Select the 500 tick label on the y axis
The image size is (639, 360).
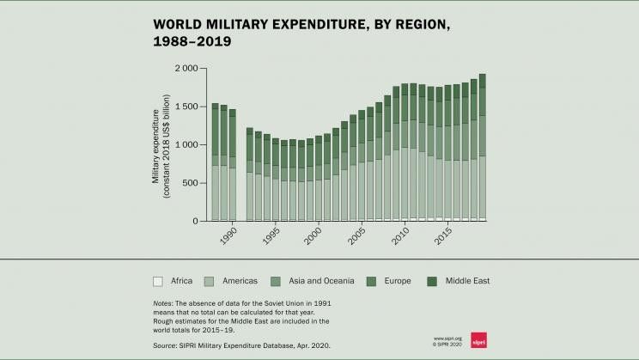point(191,183)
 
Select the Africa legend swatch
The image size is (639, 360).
point(158,281)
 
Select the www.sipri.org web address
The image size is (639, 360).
point(447,338)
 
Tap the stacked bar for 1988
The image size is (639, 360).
point(216,162)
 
